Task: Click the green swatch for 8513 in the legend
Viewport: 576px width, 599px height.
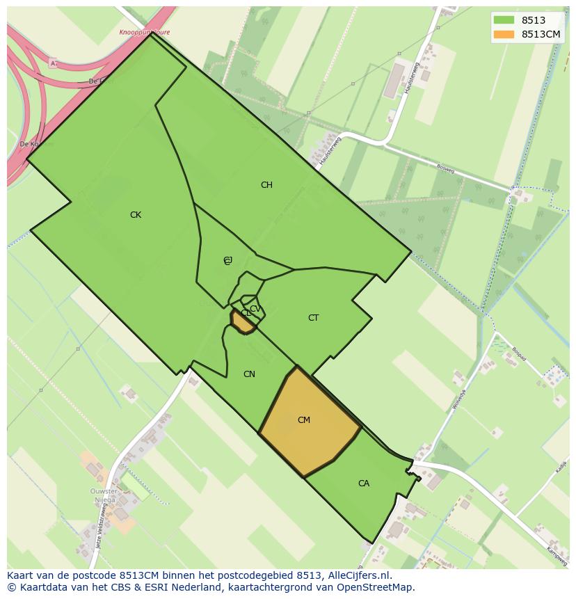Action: point(504,20)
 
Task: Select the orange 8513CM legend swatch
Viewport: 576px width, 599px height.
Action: point(504,34)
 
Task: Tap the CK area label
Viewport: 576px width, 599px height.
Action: point(136,215)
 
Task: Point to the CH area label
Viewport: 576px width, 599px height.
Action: point(266,185)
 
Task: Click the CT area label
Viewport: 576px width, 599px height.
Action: point(313,318)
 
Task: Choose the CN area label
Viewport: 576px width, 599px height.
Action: point(249,374)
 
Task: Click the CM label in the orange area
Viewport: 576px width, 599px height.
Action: point(304,420)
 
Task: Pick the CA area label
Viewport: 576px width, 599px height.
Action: point(364,484)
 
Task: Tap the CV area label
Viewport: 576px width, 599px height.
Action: point(255,309)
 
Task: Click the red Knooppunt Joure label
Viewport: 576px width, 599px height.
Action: point(145,33)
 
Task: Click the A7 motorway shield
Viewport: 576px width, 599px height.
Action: point(53,63)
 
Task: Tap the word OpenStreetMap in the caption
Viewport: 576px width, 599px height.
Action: point(376,587)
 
